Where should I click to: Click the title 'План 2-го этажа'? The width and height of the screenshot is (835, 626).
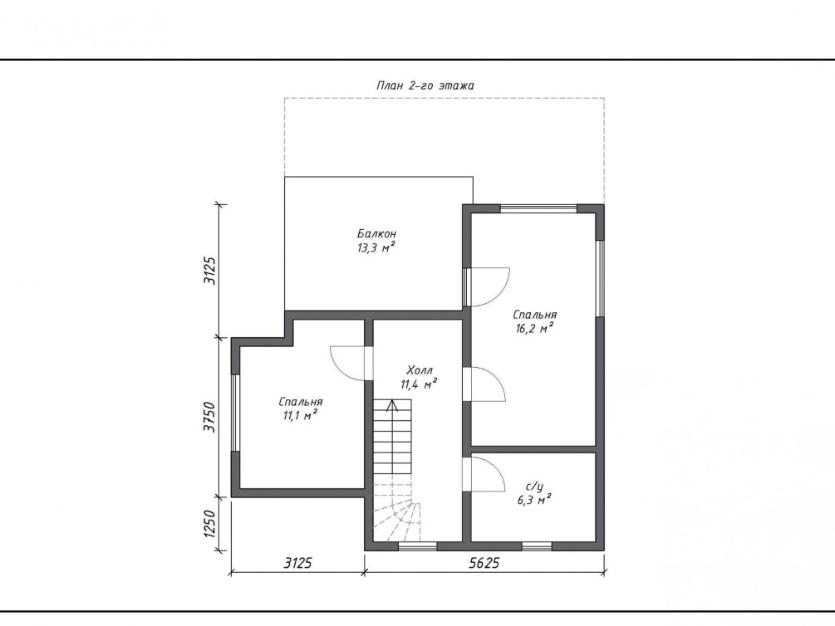tap(425, 86)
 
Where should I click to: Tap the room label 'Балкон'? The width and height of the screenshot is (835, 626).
tap(376, 233)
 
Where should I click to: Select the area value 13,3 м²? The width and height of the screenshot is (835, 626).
tap(376, 247)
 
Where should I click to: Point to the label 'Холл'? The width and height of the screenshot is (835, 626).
tap(420, 369)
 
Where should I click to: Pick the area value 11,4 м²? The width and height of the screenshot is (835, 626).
tap(420, 384)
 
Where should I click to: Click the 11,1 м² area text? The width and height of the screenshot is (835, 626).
tap(300, 416)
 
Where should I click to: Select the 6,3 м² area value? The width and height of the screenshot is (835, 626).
tap(533, 500)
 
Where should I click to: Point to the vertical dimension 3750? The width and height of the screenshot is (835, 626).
tap(211, 418)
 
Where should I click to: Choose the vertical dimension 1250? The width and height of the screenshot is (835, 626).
tap(211, 525)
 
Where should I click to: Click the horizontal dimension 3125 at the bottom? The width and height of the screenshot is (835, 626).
tap(297, 563)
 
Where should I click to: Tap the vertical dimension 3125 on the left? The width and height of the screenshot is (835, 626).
tap(211, 271)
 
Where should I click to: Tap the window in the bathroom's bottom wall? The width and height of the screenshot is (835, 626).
tap(536, 546)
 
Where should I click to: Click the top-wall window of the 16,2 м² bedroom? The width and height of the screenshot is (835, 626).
tap(538, 208)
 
